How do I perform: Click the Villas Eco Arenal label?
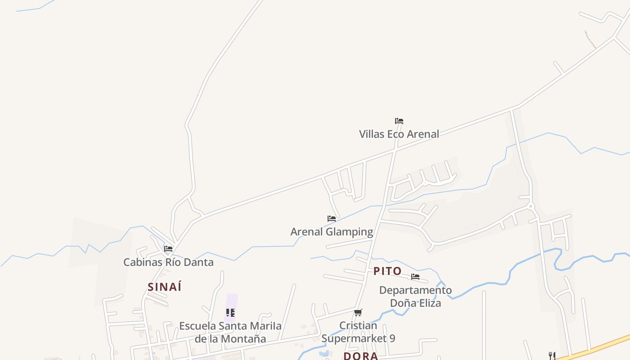(x=399, y=134)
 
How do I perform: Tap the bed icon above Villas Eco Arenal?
(x=399, y=121)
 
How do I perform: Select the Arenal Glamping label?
(x=332, y=232)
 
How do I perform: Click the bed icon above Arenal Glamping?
(x=332, y=219)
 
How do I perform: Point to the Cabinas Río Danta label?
(x=168, y=262)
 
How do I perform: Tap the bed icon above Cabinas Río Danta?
(x=168, y=248)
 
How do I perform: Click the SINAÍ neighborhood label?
(x=164, y=287)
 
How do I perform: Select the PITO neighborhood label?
(x=387, y=271)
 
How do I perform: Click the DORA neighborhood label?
(x=360, y=356)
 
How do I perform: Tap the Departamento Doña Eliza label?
(x=415, y=297)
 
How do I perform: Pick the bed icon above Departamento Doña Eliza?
(x=415, y=277)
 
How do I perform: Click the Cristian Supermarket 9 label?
(x=358, y=332)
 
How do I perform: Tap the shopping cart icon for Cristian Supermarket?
(x=358, y=312)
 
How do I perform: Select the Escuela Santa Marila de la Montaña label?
(x=230, y=332)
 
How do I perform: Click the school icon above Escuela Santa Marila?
(x=230, y=312)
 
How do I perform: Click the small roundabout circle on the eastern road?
(x=531, y=206)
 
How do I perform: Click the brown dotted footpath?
(x=590, y=40)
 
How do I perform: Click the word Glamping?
(x=349, y=232)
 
